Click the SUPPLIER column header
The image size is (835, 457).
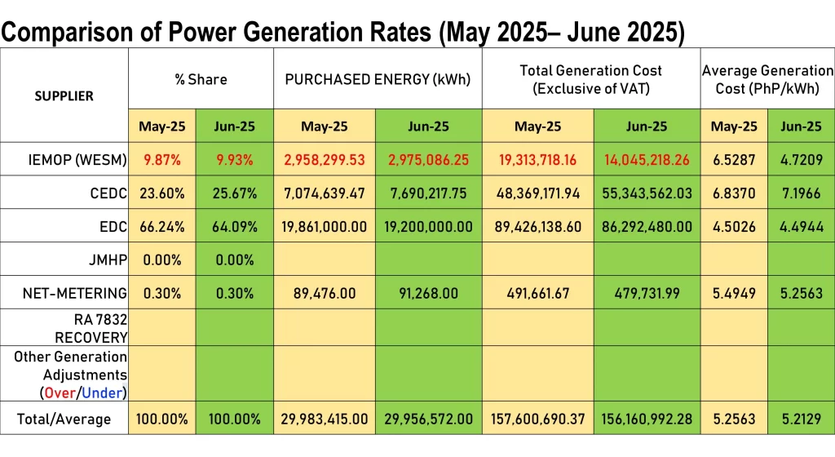(64, 96)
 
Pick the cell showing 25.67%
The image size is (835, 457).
(236, 193)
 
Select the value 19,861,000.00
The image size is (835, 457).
(325, 226)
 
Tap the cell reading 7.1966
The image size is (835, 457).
(801, 193)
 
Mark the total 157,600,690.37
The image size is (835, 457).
(538, 419)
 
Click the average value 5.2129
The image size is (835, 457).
(801, 419)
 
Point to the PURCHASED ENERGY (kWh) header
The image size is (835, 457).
(378, 80)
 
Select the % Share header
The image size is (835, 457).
(201, 80)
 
